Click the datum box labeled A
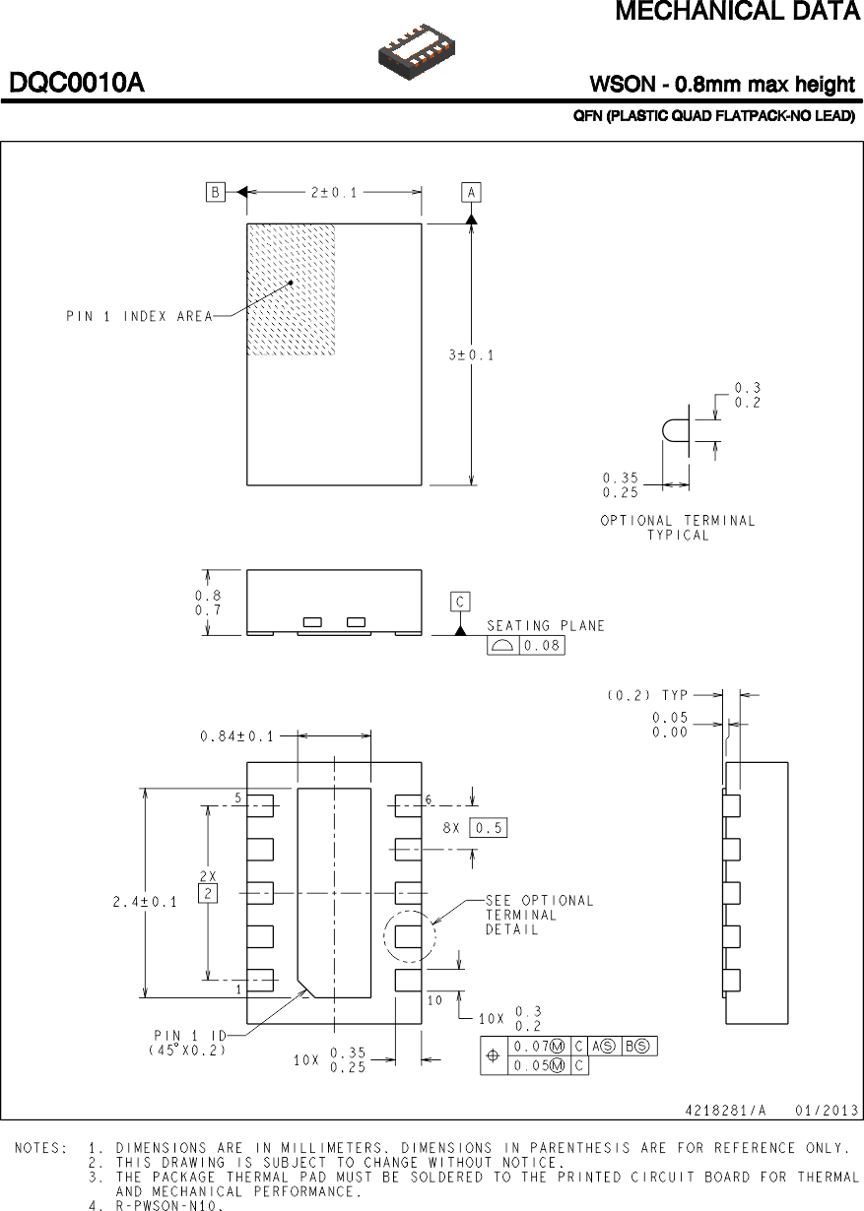[x=472, y=192]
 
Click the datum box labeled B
[x=216, y=192]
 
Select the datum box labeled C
[x=460, y=602]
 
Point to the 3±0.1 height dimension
[x=472, y=354]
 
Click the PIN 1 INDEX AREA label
[x=139, y=316]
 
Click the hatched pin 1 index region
[x=291, y=288]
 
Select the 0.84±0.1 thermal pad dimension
[x=237, y=735]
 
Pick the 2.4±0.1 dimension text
[x=144, y=901]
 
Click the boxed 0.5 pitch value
[x=488, y=828]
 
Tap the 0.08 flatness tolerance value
[x=541, y=646]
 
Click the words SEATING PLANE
[x=546, y=625]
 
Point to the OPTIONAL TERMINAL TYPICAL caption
[x=678, y=528]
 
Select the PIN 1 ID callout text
[x=189, y=1042]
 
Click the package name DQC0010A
[x=77, y=84]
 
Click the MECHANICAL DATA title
[x=737, y=12]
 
